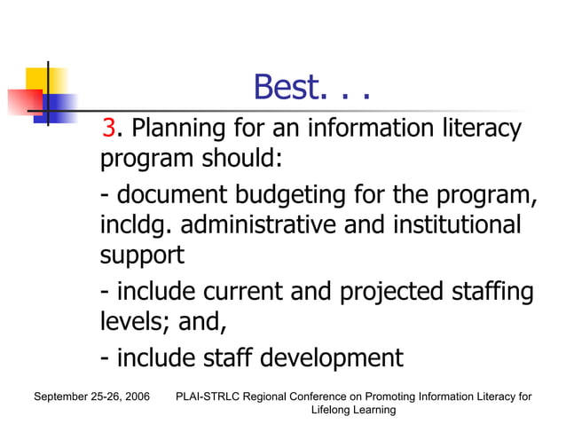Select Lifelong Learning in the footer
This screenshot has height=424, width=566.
[353, 410]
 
